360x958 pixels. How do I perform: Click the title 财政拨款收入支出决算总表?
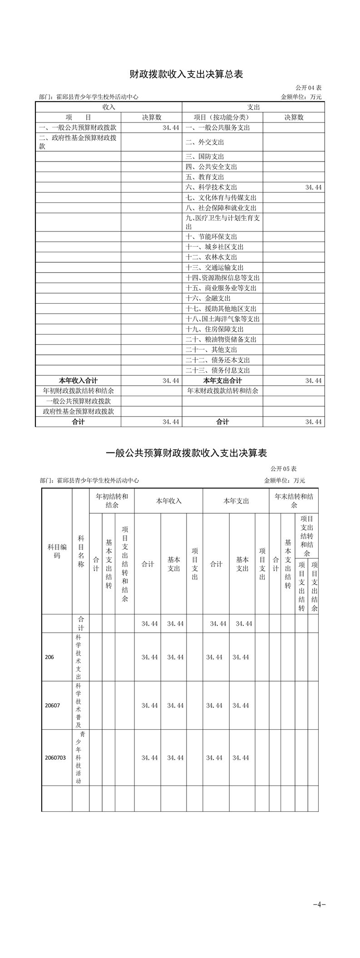[180, 74]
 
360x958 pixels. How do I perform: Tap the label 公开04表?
[309, 88]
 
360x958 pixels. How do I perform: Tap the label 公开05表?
[284, 469]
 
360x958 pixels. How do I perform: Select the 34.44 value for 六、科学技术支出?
[313, 187]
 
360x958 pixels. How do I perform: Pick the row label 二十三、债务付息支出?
[218, 370]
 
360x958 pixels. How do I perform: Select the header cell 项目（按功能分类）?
[222, 117]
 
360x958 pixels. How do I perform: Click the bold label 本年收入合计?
[78, 381]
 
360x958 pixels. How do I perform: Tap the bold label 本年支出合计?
[222, 381]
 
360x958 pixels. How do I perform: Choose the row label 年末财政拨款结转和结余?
[222, 391]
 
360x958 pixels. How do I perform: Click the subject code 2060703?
[55, 757]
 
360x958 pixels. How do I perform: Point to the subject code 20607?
[53, 705]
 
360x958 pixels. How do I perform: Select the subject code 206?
[49, 657]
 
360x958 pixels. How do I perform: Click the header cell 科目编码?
[57, 551]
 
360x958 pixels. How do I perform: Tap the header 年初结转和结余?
[112, 501]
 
